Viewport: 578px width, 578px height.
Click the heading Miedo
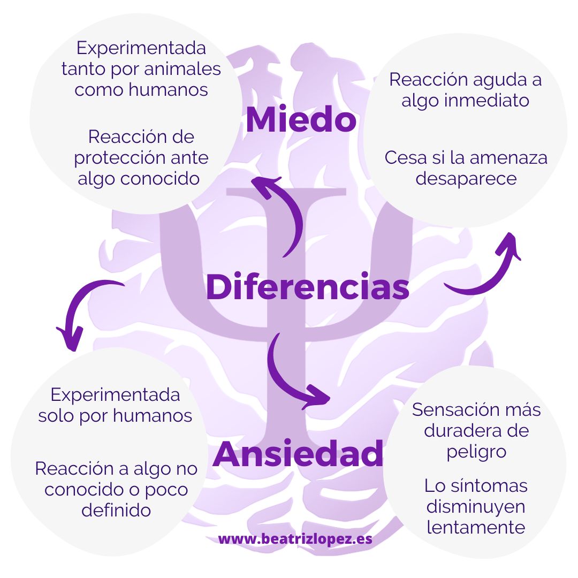coord(301,120)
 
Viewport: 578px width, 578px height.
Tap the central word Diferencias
coord(307,287)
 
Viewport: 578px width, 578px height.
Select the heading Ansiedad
coord(298,454)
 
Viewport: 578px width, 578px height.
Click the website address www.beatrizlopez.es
coord(295,539)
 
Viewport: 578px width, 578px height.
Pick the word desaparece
coord(466,178)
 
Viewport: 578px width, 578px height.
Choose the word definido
coord(116,510)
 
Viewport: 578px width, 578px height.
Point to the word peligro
coord(476,451)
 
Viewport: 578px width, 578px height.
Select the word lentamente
coord(475,527)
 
